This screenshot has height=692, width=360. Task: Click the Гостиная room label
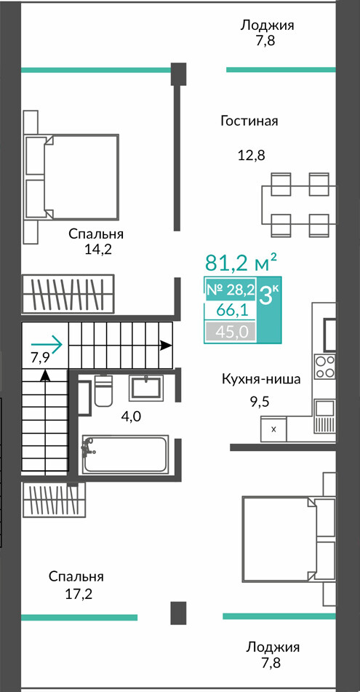coord(249,121)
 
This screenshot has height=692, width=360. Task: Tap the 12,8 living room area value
coord(251,155)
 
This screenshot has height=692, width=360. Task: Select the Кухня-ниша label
coord(261,379)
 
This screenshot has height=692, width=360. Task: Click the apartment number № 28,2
coord(231,290)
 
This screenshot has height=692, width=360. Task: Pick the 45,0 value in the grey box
coord(231,331)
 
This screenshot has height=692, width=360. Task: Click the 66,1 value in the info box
coord(231,310)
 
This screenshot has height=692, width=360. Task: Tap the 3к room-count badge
coord(269,295)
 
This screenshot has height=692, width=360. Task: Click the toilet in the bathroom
coord(104,391)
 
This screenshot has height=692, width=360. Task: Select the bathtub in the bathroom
coord(125,454)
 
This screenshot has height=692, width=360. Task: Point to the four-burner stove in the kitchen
coord(325,367)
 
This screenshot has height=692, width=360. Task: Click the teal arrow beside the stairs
coord(47,343)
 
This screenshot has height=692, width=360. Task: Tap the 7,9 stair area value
coord(39,357)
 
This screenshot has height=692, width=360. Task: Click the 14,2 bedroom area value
coord(97,250)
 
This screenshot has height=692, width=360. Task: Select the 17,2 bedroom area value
coord(78,594)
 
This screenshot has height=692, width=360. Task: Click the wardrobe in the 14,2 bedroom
coord(68,294)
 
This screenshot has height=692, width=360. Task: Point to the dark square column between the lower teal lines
coord(179,612)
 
